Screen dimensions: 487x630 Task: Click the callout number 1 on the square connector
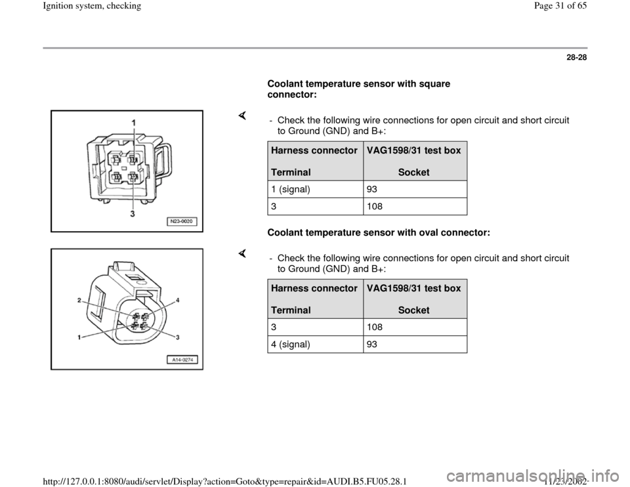(x=134, y=123)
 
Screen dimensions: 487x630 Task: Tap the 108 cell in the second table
(x=371, y=327)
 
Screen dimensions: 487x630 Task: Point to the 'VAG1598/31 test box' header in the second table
(x=413, y=289)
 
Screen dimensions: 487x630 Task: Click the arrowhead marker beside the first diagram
(x=242, y=116)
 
